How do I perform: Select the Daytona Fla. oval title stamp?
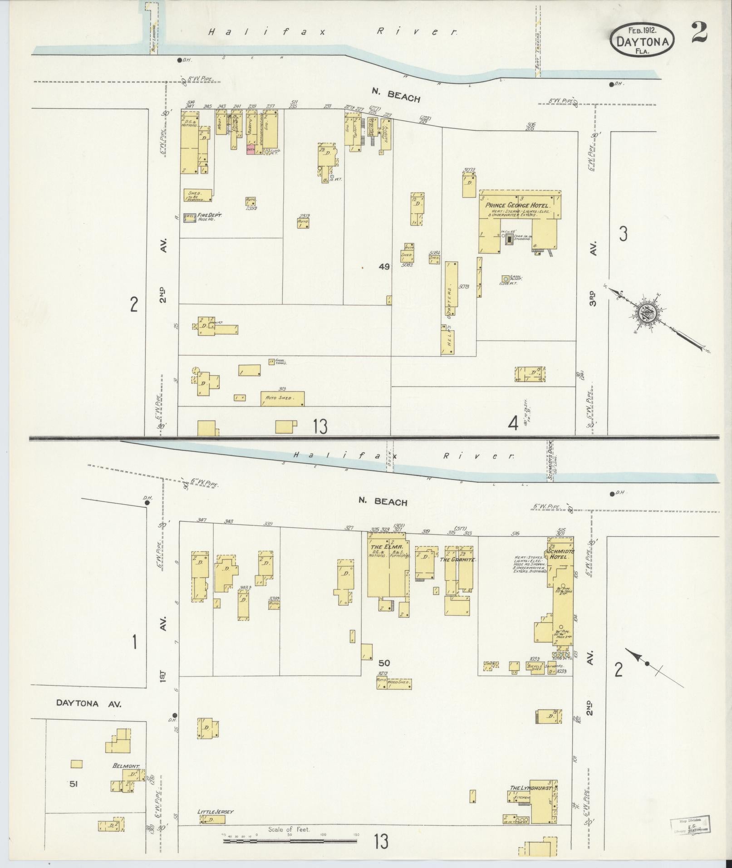pos(642,40)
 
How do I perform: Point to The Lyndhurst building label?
pos(530,788)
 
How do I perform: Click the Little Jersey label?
pos(216,811)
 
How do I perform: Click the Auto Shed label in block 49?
pos(277,399)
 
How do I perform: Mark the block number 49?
pos(384,267)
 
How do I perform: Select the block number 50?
pos(384,663)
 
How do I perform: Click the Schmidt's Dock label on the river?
pos(551,458)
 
